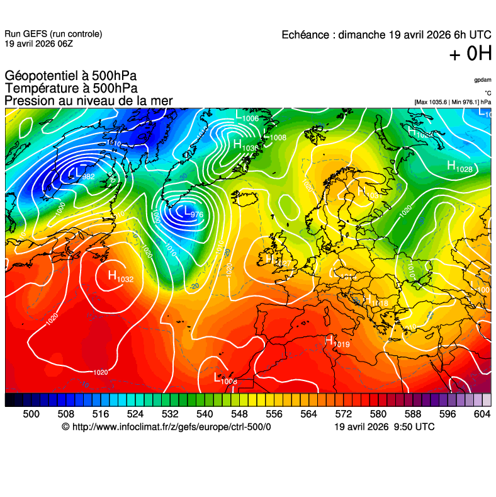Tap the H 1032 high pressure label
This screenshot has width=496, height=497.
[120, 276]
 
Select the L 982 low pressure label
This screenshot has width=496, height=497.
[81, 174]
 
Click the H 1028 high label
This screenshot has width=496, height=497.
[459, 166]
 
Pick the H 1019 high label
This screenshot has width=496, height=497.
[337, 342]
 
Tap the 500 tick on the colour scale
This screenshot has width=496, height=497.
[31, 414]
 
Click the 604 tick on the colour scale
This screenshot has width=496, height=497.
[482, 414]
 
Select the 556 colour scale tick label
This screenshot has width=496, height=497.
[274, 414]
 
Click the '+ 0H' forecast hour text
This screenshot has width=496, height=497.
[470, 55]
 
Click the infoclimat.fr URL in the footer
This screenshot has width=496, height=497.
[171, 427]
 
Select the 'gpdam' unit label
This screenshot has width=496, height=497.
[483, 80]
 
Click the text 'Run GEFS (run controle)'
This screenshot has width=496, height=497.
[53, 34]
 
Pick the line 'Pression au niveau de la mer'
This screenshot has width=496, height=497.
[88, 101]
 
